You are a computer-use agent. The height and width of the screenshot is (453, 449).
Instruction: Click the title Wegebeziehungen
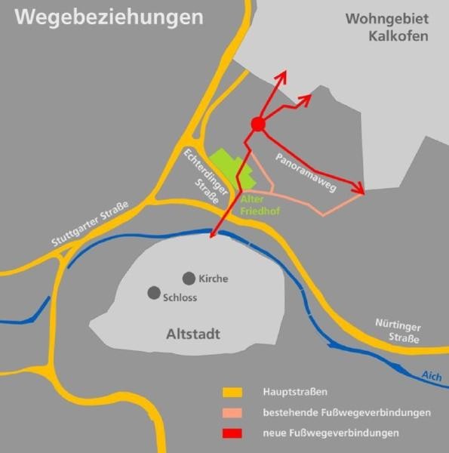point(109,17)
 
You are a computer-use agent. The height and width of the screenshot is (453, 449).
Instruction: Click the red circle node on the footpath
point(257,125)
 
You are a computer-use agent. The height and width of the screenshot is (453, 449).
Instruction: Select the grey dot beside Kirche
point(188,278)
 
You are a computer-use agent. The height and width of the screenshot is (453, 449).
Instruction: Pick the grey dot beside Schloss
point(154,292)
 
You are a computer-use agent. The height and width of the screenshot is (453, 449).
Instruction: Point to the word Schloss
point(180,297)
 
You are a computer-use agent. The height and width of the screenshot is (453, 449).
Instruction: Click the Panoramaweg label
point(305,172)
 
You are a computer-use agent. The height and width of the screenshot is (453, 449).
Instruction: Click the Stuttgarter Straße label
point(91,224)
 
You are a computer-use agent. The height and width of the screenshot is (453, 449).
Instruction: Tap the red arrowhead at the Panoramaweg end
point(360,191)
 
